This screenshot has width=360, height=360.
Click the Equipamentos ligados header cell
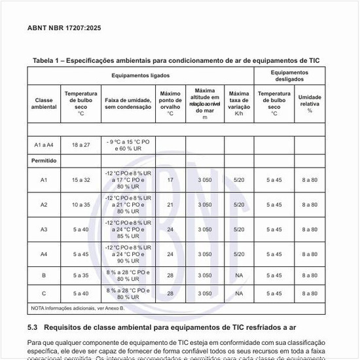140,76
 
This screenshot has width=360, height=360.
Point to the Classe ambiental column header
44,103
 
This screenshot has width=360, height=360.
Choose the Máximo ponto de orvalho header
170,103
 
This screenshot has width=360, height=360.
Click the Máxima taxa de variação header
239,103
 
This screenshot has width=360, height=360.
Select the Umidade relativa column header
310,103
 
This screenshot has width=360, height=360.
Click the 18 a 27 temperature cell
81,145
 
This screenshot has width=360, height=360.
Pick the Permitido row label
44,160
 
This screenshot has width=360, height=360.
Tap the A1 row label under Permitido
44,179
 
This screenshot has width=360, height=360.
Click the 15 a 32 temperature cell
81,179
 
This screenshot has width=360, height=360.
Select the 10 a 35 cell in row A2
81,204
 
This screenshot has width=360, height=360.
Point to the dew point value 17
170,179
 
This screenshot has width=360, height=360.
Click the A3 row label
44,229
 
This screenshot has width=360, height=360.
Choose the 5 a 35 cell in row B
81,276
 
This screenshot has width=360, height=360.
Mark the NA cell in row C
239,293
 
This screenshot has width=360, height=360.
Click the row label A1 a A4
44,145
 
